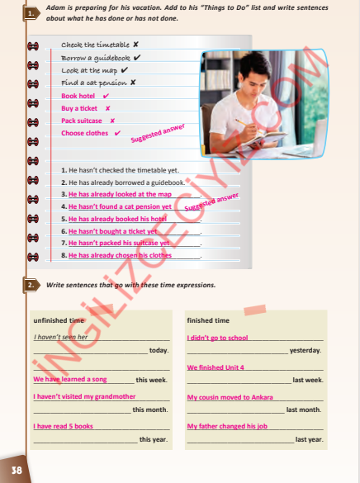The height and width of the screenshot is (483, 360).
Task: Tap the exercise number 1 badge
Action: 31,13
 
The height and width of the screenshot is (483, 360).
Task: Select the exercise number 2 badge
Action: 31,285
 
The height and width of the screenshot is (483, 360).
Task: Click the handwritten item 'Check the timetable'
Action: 95,44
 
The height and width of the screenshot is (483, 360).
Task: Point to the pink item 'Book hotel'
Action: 78,96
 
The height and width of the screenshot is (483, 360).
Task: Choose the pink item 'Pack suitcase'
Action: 82,121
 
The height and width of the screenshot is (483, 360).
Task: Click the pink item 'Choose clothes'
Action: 84,133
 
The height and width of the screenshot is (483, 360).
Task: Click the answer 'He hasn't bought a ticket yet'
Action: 112,232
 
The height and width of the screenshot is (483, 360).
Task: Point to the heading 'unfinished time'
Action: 59,320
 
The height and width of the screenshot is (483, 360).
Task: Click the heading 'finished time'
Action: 208,320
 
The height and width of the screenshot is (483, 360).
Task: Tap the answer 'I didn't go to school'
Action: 217,338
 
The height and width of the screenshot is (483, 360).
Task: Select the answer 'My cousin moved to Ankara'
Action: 230,397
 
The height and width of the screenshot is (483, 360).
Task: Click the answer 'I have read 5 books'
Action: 63,426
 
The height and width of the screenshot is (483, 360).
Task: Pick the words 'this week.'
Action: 151,380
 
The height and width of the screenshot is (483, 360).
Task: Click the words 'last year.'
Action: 309,439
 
